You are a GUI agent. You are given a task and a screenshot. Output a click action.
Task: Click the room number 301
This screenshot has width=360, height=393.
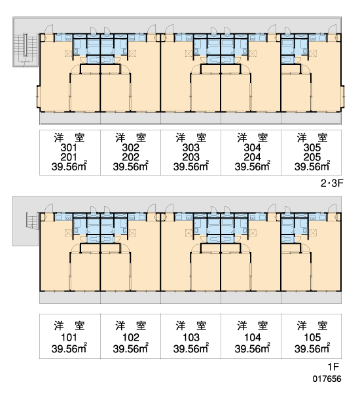click(69, 148)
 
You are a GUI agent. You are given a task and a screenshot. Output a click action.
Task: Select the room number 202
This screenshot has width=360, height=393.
click(130, 157)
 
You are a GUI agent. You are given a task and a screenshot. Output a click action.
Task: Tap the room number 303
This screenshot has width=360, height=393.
click(191, 148)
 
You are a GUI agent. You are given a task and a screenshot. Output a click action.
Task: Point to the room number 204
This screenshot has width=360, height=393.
click(252, 157)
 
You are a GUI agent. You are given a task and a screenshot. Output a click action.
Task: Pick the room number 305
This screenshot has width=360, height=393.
click(312, 148)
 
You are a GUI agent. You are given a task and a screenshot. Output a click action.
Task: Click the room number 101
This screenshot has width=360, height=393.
click(69, 337)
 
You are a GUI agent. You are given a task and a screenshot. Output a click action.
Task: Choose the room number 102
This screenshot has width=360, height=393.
click(130, 337)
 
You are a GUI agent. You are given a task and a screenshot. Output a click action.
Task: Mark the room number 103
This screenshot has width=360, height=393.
click(191, 337)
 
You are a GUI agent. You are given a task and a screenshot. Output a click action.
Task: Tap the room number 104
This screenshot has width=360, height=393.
click(253, 337)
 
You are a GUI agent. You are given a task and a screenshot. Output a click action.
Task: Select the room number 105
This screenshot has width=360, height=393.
click(312, 337)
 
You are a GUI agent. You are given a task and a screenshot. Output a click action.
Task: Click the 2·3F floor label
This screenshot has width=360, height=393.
click(332, 183)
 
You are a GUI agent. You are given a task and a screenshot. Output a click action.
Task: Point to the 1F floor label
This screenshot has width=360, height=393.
click(333, 367)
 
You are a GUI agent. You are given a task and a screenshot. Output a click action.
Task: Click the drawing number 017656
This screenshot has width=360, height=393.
click(327, 379)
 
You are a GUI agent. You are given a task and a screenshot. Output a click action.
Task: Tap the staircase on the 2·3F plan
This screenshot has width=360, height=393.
click(26, 48)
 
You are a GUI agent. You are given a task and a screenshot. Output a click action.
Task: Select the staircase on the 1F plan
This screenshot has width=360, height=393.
click(32, 221)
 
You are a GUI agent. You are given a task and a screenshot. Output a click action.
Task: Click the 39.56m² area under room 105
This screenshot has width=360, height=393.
click(312, 348)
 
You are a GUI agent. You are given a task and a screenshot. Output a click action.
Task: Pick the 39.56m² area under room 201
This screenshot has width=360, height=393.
click(69, 166)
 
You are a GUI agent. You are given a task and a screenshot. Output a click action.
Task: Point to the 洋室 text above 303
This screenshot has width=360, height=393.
click(191, 138)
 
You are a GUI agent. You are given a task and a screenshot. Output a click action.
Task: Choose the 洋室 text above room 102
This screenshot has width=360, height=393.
click(130, 326)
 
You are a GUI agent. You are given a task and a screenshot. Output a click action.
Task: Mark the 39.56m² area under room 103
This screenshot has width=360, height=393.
click(191, 348)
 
